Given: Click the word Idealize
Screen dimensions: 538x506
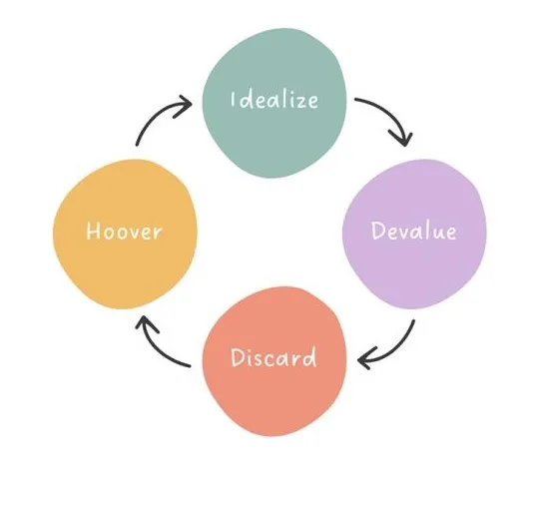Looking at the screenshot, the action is tap(274, 100).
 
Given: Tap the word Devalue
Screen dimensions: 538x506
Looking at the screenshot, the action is tap(414, 231).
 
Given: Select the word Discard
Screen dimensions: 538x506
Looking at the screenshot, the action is tap(273, 357).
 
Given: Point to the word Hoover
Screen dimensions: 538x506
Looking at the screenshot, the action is tap(124, 231).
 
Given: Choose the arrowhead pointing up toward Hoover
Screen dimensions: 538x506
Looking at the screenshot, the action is tap(145, 323).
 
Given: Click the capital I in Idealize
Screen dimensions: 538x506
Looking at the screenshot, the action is tap(233, 99).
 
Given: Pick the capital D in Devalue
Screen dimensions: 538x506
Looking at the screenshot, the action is tap(378, 231).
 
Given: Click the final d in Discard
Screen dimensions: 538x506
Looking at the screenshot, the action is tap(309, 357).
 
